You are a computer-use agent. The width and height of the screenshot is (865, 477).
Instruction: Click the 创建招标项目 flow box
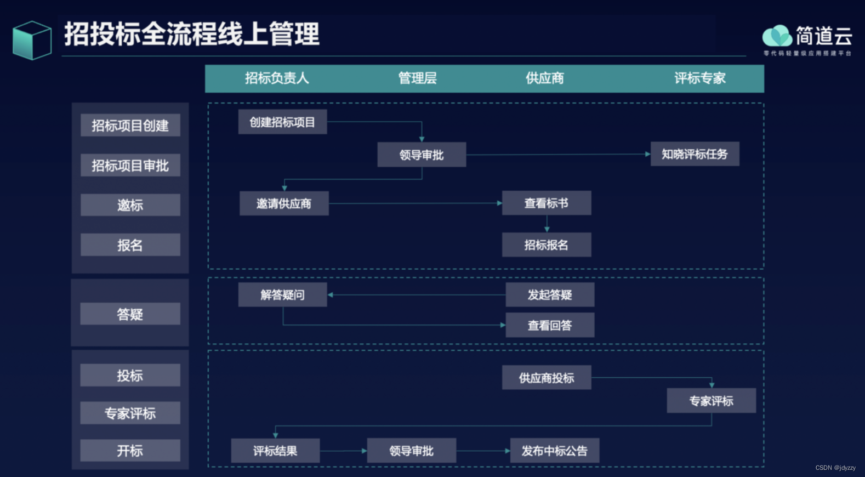pyautogui.click(x=282, y=122)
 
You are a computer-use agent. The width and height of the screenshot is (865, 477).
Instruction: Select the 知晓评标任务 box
pyautogui.click(x=695, y=154)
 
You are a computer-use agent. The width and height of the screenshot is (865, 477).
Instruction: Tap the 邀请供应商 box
pyautogui.click(x=284, y=203)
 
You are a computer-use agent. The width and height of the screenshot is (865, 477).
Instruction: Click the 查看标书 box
pyautogui.click(x=546, y=203)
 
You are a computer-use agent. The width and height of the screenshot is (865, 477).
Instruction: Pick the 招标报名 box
pyautogui.click(x=546, y=245)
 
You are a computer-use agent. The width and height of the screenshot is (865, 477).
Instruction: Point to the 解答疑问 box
pyautogui.click(x=282, y=295)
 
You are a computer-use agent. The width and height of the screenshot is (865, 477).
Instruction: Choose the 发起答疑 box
pyautogui.click(x=549, y=295)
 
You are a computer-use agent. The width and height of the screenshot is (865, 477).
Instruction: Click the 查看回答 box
pyautogui.click(x=549, y=325)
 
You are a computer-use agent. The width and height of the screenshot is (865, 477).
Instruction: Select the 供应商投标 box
pyautogui.click(x=546, y=378)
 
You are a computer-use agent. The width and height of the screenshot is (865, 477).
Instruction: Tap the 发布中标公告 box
pyautogui.click(x=554, y=451)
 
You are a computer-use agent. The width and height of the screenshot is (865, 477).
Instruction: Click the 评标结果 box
pyautogui.click(x=275, y=451)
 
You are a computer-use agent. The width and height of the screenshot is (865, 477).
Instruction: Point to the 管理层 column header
pyautogui.click(x=417, y=78)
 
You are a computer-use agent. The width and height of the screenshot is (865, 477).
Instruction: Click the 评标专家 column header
pyautogui.click(x=699, y=78)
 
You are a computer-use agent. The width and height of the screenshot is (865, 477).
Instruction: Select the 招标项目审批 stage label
pyautogui.click(x=130, y=166)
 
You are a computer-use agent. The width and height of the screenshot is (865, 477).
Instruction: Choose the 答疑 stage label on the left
pyautogui.click(x=130, y=314)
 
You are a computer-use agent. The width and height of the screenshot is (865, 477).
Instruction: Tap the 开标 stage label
pyautogui.click(x=130, y=451)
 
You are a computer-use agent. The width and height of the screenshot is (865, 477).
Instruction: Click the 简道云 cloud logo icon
pyautogui.click(x=777, y=36)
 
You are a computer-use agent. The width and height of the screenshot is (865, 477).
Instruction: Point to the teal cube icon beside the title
pyautogui.click(x=32, y=41)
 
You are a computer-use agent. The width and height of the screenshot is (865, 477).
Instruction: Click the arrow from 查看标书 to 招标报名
pyautogui.click(x=547, y=224)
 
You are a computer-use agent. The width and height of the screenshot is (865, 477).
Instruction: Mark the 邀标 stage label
pyautogui.click(x=130, y=205)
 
